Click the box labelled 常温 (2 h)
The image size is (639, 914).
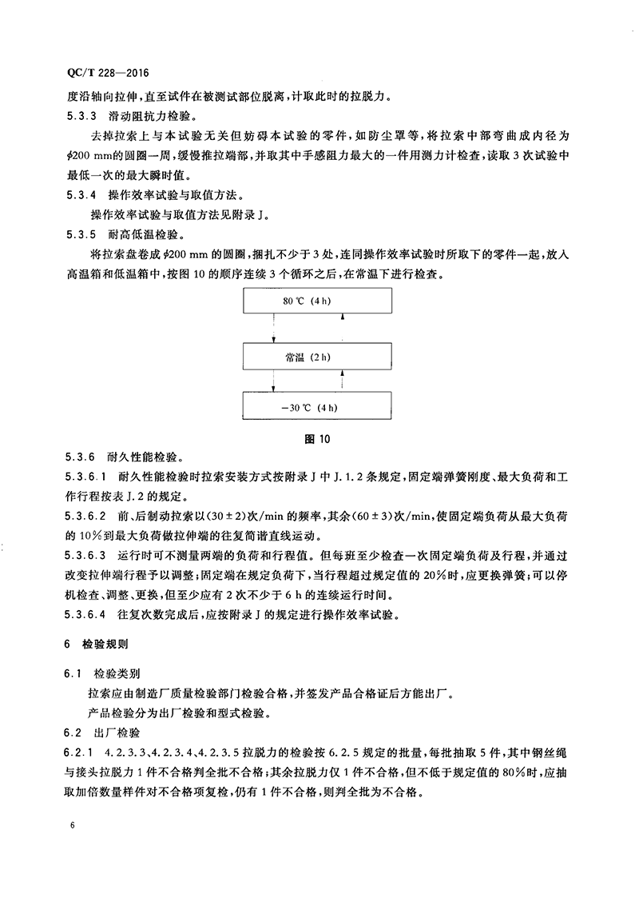[317, 357]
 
